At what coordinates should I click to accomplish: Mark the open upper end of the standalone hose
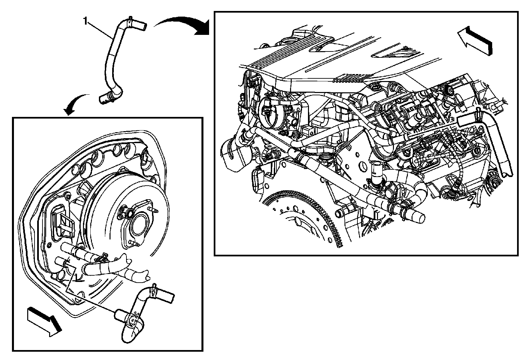pos(143,25)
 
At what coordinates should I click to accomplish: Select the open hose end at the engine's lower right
pos(419,218)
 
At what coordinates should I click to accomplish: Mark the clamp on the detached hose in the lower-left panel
pos(154,290)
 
